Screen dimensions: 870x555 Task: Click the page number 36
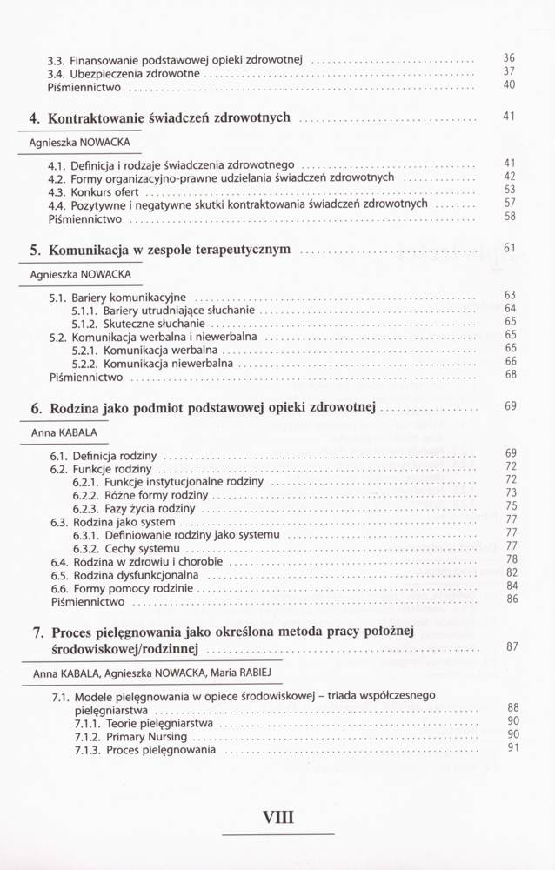510,58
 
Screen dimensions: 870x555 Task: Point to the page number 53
510,190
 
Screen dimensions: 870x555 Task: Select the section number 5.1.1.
85,310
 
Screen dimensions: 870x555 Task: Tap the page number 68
510,375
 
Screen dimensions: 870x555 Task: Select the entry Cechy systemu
142,550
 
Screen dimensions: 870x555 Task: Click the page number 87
511,646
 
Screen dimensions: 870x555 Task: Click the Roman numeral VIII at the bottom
279,817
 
